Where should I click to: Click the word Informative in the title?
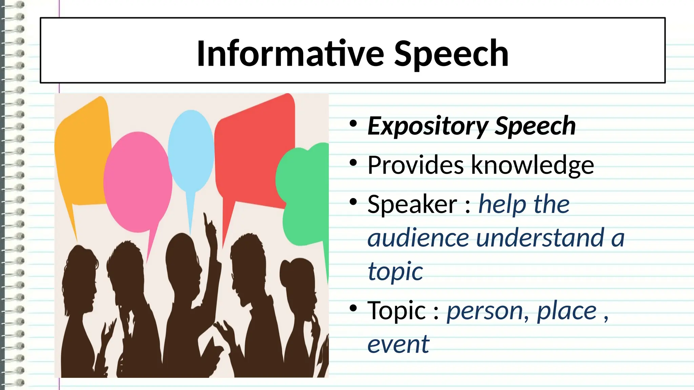pyautogui.click(x=290, y=53)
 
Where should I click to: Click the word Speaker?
pyautogui.click(x=412, y=204)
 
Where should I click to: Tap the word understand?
pyautogui.click(x=540, y=238)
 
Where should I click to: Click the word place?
pyautogui.click(x=567, y=311)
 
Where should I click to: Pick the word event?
pyautogui.click(x=398, y=344)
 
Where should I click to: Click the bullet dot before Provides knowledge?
pyautogui.click(x=353, y=163)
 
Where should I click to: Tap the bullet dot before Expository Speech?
pyautogui.click(x=353, y=124)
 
